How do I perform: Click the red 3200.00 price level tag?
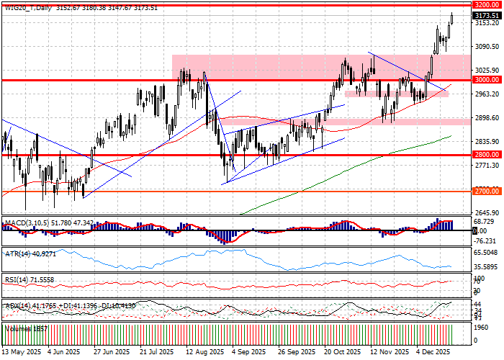coord(487,4)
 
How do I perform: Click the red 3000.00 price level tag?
coord(487,80)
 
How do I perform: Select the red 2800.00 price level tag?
coord(487,155)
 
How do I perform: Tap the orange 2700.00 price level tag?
coord(487,192)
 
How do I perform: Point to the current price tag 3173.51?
coord(487,14)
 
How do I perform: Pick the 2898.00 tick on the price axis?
coord(487,118)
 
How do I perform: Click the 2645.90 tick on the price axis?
coord(487,212)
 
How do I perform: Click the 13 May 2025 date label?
coord(20,353)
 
